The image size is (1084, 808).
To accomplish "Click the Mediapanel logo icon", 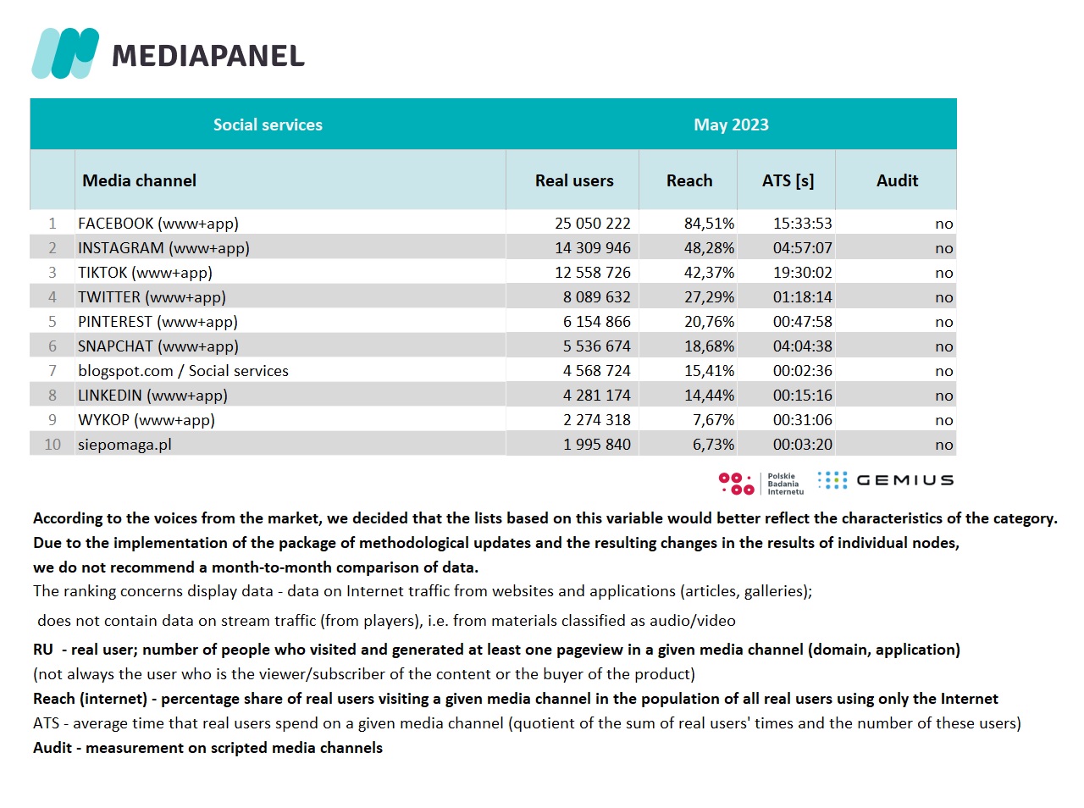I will (x=65, y=53).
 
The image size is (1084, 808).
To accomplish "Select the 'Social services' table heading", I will (x=268, y=125).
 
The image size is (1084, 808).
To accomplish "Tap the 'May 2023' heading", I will (x=731, y=125).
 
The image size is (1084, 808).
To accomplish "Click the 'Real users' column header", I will (x=574, y=180).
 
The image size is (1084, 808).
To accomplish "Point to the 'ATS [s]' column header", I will (x=788, y=180).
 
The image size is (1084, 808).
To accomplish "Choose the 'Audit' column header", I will (x=897, y=180).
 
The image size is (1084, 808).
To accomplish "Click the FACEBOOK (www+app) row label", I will (x=158, y=224).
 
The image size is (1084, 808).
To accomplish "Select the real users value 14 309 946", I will (x=593, y=248).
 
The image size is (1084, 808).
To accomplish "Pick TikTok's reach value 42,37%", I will (x=709, y=273).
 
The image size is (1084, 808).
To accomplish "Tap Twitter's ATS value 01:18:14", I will (x=802, y=297).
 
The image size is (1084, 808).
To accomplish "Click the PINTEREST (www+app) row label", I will (x=158, y=322).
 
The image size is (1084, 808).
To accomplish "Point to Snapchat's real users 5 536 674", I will (x=597, y=346).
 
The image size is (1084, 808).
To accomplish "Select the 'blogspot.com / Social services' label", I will (x=183, y=371).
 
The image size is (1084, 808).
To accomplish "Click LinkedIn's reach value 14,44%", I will (x=709, y=396).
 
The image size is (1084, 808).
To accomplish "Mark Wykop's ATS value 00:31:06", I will (x=802, y=420).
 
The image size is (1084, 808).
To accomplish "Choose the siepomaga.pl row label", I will (x=124, y=445).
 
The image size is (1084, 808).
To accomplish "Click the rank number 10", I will (x=53, y=445).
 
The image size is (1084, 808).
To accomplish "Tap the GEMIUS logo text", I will (x=904, y=480).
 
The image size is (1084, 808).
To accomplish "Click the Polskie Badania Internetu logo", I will (x=761, y=484).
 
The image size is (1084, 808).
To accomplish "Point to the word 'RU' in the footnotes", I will (x=43, y=650).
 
